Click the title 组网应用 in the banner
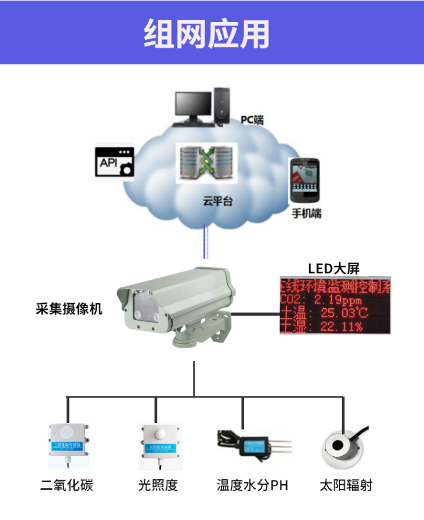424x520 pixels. click(206, 32)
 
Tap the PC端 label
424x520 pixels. click(252, 120)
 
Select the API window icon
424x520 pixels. click(114, 163)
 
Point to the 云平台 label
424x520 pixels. click(218, 201)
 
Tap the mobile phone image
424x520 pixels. click(304, 181)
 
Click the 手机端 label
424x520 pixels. click(306, 213)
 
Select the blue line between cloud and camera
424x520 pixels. click(206, 242)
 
